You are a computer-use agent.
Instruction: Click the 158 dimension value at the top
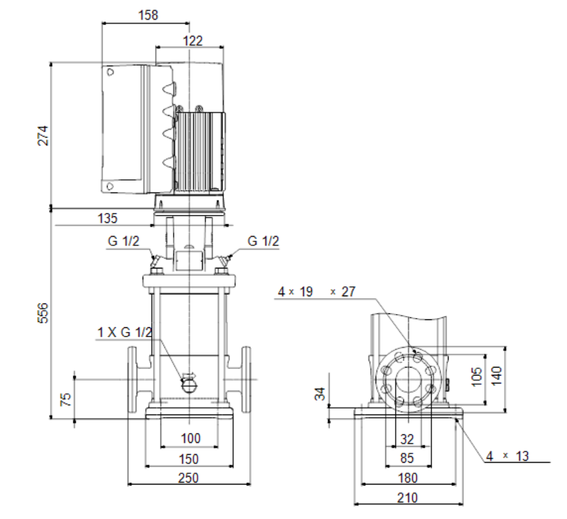point(148,15)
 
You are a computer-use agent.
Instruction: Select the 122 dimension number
point(192,40)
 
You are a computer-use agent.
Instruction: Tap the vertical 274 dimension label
point(43,136)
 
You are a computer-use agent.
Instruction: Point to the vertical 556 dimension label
point(43,313)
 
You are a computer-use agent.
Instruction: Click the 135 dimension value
point(108,218)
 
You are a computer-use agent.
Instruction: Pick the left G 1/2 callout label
point(124,241)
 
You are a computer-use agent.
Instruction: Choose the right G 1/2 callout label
point(263,241)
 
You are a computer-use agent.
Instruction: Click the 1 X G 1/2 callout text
point(125,332)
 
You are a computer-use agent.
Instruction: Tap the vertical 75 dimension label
point(65,399)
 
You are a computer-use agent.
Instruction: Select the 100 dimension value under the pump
point(190,438)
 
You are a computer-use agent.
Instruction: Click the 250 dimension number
point(188,478)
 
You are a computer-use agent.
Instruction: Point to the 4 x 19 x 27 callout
point(317,292)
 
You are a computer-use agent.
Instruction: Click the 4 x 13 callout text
point(508,456)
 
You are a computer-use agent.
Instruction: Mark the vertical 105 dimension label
point(477,377)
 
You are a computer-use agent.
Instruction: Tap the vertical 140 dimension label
point(497,376)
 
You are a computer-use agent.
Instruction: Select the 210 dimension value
point(408,498)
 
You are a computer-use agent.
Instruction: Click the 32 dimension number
point(407,439)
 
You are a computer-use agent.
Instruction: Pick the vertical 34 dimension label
point(320,393)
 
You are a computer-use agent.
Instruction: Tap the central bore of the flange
point(408,379)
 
